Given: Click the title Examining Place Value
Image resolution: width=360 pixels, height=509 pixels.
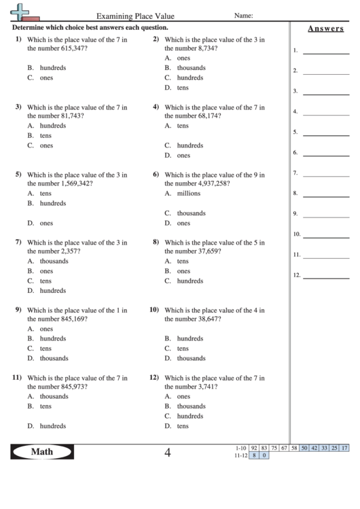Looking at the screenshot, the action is pos(135,16).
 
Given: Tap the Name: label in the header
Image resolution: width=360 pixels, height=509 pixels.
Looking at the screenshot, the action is pos(244,15).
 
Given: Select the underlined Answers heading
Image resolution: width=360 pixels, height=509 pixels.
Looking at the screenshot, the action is pos(325,29).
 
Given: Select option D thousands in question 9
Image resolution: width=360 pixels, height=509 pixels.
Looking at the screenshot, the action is pos(54,358).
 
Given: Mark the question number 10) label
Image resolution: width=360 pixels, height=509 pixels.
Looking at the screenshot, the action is pos(154,309).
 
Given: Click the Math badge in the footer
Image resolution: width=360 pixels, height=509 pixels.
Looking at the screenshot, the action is pos(41,451).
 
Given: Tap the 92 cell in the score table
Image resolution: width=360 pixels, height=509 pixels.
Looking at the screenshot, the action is pos(254,448).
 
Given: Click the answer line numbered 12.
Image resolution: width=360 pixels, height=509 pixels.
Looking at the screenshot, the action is pos(326,277).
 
